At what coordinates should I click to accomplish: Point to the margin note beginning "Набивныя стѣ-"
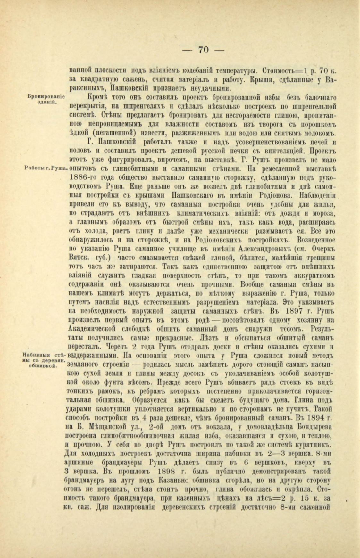coord(45,359)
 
